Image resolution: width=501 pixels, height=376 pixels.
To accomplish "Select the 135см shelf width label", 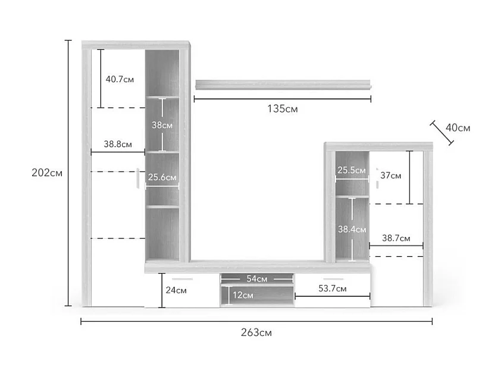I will click(x=283, y=109).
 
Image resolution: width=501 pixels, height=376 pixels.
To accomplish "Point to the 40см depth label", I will click(x=458, y=128).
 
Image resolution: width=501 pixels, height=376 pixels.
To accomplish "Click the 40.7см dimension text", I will click(x=120, y=79).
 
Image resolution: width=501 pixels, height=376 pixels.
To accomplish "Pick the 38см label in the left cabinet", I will click(x=162, y=125).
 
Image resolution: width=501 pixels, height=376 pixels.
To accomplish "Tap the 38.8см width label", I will click(x=118, y=144).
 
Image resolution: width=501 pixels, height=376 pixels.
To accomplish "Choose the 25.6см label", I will click(x=162, y=177).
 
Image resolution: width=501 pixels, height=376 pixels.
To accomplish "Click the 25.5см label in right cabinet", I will click(x=352, y=170).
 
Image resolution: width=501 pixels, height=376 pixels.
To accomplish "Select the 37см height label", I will click(x=391, y=175).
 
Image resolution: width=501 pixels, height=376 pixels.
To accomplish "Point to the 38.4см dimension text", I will click(x=352, y=229).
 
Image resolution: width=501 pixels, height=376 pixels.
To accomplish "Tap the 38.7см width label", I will click(x=396, y=238).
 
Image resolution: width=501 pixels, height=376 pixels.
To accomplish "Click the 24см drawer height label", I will click(x=176, y=290).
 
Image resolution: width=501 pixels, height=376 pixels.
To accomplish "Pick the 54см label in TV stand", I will click(x=256, y=278).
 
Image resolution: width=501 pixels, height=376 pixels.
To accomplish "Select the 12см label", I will click(x=243, y=294).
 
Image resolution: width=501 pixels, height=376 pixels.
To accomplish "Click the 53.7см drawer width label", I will click(x=333, y=288).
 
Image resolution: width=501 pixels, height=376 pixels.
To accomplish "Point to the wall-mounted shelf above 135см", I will click(x=283, y=85).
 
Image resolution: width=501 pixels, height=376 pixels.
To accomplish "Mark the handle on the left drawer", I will click(x=183, y=278).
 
